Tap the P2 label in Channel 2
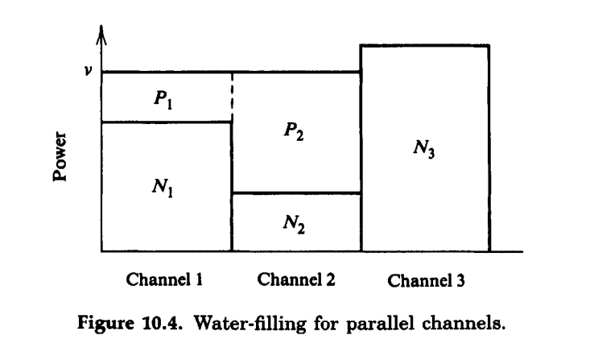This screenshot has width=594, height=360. (x=294, y=133)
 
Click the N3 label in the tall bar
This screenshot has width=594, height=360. (x=424, y=150)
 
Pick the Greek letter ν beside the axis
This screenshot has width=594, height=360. (x=88, y=70)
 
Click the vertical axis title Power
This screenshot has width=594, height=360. (x=59, y=157)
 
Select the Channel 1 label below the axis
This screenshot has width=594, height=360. (x=163, y=280)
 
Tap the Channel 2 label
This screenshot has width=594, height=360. (x=295, y=280)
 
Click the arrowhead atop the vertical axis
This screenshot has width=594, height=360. (x=101, y=35)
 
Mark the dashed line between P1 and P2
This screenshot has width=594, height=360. (x=232, y=97)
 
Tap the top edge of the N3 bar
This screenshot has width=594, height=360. (x=424, y=45)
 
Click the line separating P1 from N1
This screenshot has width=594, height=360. (x=165, y=122)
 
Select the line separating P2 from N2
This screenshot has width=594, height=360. (x=295, y=193)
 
